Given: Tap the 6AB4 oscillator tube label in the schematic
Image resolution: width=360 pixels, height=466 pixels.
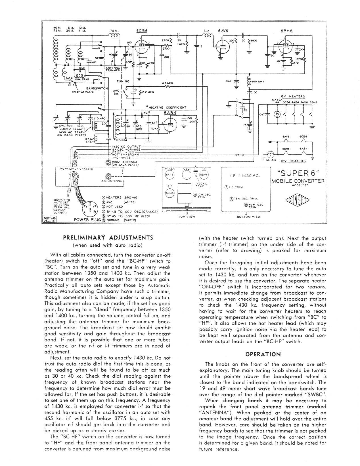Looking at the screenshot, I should [169, 113].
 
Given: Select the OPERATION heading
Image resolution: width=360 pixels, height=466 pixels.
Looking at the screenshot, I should [263, 354].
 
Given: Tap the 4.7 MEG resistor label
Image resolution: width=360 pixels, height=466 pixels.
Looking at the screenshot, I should [168, 83].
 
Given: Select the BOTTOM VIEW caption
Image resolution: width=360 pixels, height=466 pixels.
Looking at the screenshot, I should [248, 217].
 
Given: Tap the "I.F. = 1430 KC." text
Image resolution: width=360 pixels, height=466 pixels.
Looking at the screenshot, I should [244, 176].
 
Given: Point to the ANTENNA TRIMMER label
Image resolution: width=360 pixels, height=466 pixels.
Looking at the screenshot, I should [113, 69].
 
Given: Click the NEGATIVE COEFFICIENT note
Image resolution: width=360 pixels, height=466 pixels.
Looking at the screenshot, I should [166, 107].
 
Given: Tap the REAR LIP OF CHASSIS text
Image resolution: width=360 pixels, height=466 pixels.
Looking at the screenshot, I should [76, 168].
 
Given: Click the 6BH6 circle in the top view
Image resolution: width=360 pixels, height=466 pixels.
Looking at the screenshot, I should [203, 174].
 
